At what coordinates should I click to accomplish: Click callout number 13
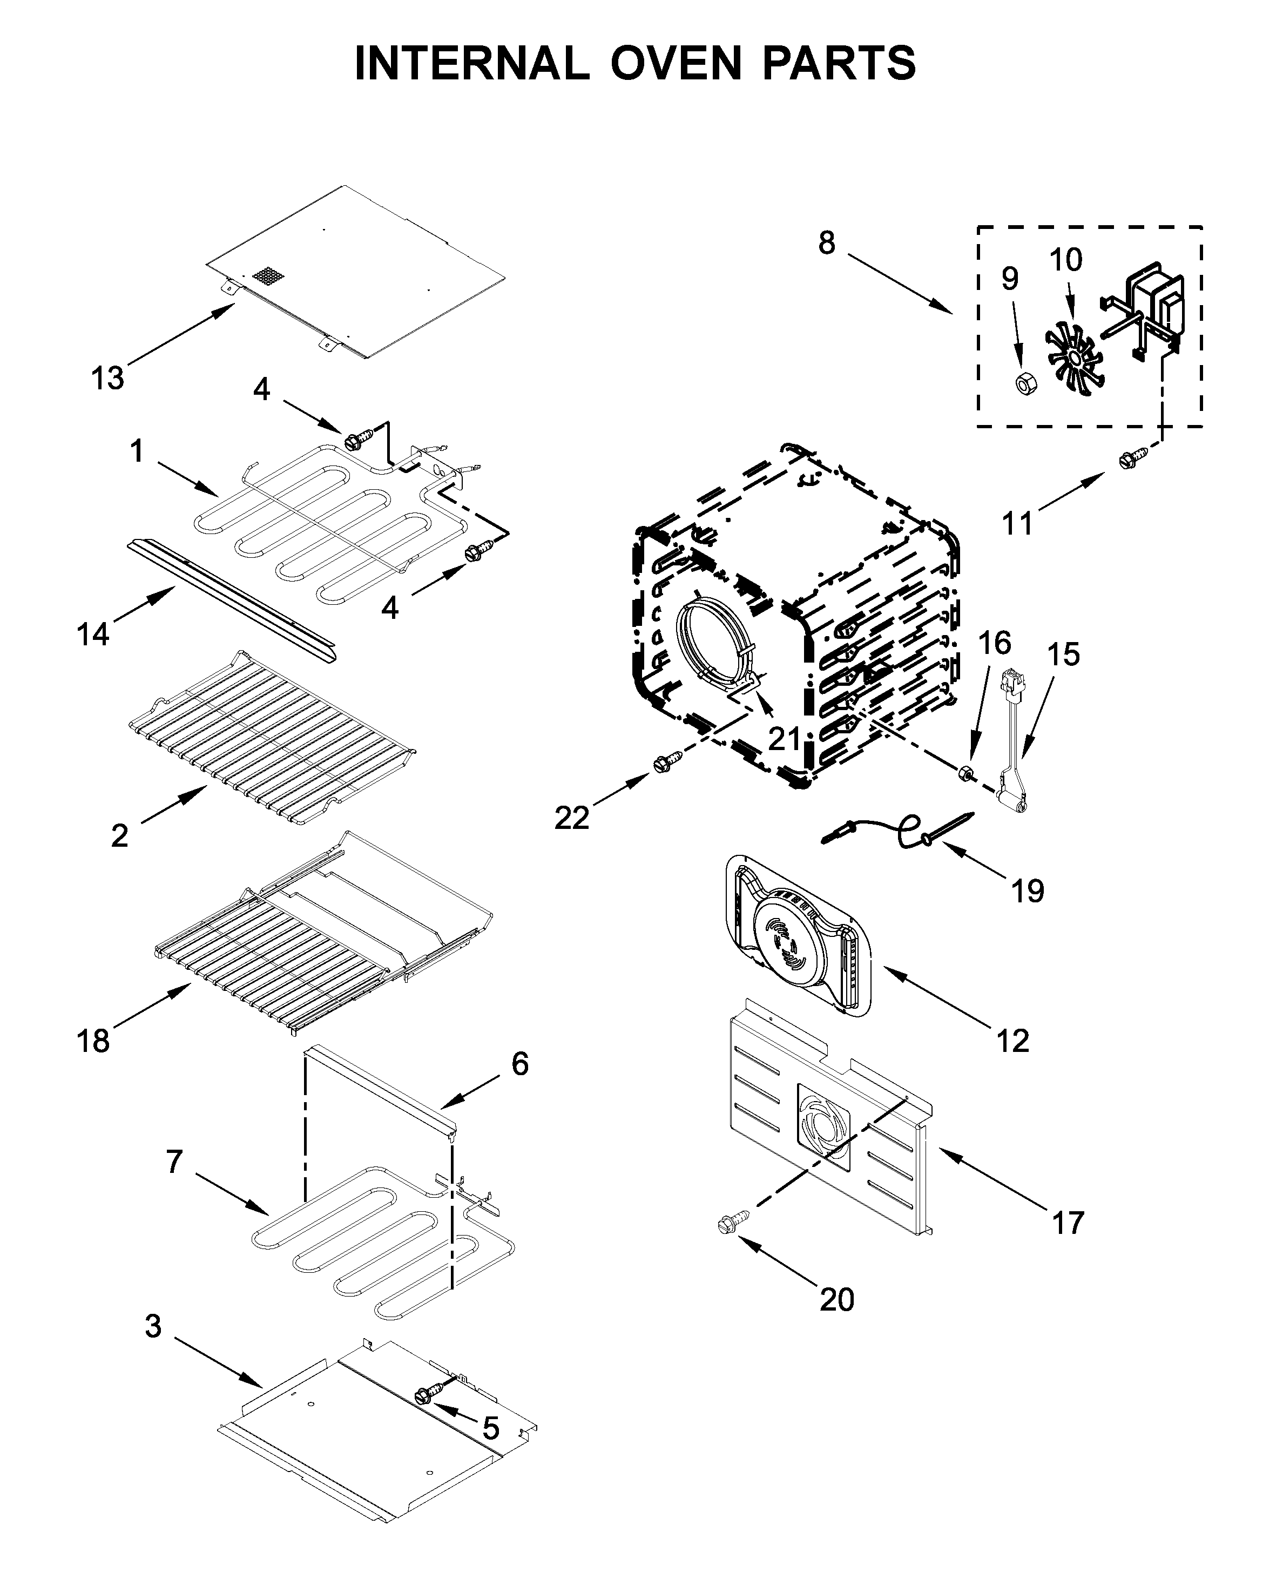click(108, 379)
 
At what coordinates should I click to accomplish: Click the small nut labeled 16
click(964, 774)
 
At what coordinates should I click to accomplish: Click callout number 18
click(93, 1041)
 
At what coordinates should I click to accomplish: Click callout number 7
click(174, 1162)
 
